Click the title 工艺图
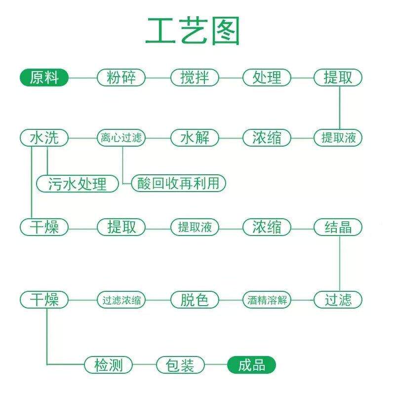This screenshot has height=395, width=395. [193, 31]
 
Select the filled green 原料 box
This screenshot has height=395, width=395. [44, 78]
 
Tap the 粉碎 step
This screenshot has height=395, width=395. [121, 78]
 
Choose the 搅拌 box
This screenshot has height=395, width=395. [195, 78]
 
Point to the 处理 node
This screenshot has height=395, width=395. [267, 78]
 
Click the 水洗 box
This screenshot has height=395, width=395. [44, 137]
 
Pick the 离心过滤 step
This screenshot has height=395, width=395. [121, 137]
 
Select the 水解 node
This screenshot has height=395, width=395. [195, 137]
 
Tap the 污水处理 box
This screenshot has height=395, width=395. [78, 184]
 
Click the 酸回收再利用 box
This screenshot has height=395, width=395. [178, 183]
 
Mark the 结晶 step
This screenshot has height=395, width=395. [338, 227]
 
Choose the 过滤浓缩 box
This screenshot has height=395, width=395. [121, 300]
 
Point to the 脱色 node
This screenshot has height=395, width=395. [195, 300]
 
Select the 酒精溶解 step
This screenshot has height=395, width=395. [267, 300]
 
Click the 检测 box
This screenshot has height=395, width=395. [108, 365]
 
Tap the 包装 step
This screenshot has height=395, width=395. [180, 365]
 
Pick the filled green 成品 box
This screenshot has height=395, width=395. [251, 365]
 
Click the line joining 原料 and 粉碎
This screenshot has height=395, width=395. [82, 78]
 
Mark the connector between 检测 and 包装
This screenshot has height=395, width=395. [145, 365]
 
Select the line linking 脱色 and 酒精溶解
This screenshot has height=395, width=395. [231, 300]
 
